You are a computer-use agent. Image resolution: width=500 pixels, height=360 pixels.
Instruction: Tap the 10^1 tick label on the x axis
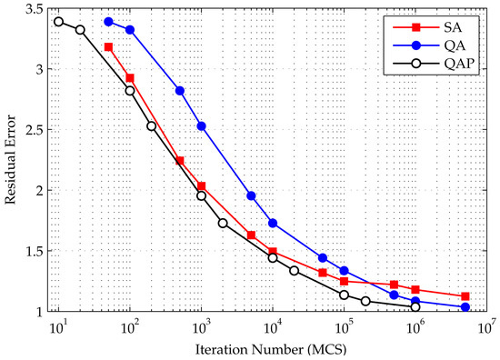pos(58,325)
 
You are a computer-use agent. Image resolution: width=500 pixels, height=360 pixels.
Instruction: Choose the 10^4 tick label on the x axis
pos(273,325)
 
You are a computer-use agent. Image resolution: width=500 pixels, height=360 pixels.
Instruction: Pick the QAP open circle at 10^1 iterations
pos(58,22)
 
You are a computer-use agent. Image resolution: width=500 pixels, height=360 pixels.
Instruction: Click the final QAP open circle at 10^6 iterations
pos(415,307)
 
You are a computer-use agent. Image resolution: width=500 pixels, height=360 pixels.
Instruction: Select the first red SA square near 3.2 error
pos(108,46)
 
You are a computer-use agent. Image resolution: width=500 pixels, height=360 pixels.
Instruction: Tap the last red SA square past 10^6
pos(465,296)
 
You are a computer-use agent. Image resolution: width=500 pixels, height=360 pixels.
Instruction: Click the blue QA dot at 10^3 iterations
pos(201,126)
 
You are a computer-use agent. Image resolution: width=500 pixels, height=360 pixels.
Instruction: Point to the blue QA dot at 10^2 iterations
pos(130,30)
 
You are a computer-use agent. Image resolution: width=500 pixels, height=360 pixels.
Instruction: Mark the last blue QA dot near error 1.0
pos(465,307)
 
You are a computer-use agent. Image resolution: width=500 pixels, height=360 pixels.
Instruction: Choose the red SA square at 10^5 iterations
pos(344,281)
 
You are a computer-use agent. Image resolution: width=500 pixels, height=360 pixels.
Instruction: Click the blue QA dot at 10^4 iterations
pos(273,223)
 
